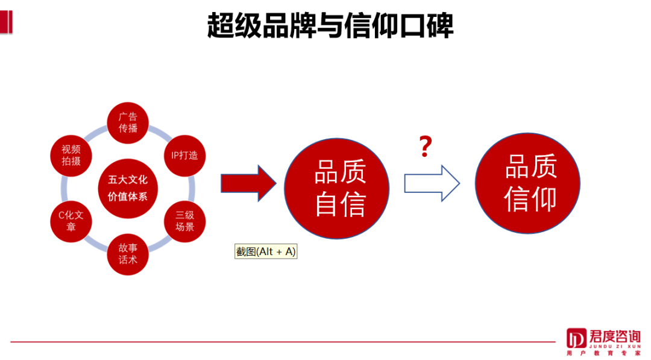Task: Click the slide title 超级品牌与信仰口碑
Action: click(x=330, y=26)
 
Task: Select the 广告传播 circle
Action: click(x=128, y=122)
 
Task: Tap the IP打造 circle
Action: click(x=184, y=155)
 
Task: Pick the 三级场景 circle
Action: click(x=184, y=221)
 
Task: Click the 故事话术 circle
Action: click(x=128, y=254)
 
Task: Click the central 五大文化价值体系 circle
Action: click(x=128, y=188)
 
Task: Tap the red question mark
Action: click(x=426, y=147)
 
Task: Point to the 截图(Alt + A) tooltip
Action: click(x=266, y=251)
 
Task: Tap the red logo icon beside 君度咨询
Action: click(x=576, y=339)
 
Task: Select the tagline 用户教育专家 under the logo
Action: click(x=604, y=353)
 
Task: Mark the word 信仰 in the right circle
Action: click(x=530, y=200)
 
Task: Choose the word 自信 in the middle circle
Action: click(x=340, y=205)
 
